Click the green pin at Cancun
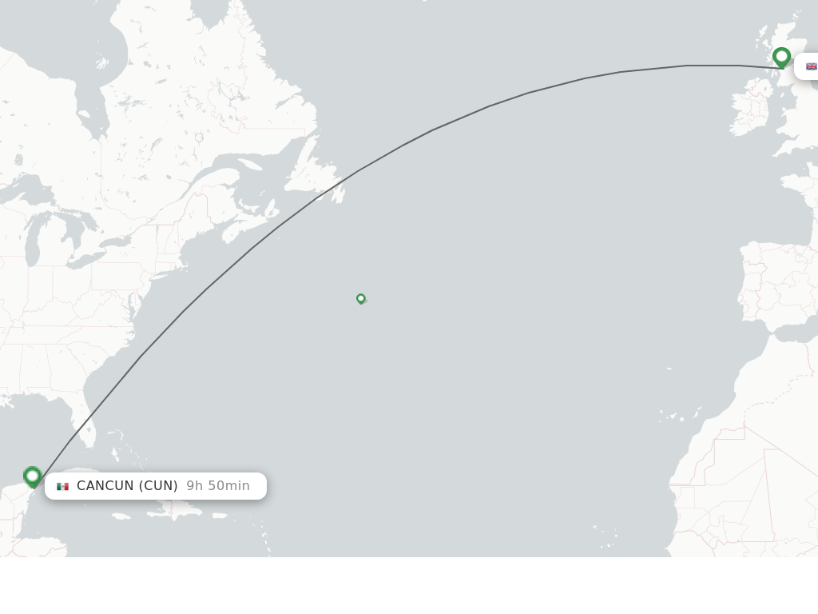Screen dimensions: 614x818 (33, 476)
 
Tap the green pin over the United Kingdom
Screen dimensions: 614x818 (781, 58)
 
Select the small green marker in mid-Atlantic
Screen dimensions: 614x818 (361, 298)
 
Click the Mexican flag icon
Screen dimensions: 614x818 (62, 486)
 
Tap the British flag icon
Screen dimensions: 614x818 (811, 66)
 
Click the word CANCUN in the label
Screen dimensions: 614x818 (105, 486)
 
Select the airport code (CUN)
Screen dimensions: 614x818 (158, 486)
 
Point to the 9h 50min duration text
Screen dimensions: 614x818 (218, 486)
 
